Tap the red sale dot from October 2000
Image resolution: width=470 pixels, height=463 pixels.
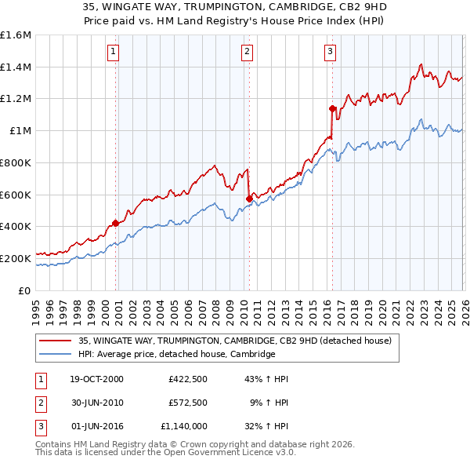[x=116, y=223]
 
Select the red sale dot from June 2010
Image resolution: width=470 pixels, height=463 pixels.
[x=249, y=199]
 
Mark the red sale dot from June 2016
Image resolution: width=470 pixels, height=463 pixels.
[x=332, y=108]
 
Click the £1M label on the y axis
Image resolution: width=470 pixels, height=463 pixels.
[x=21, y=131]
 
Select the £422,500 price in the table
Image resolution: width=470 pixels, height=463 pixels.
[x=187, y=379]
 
